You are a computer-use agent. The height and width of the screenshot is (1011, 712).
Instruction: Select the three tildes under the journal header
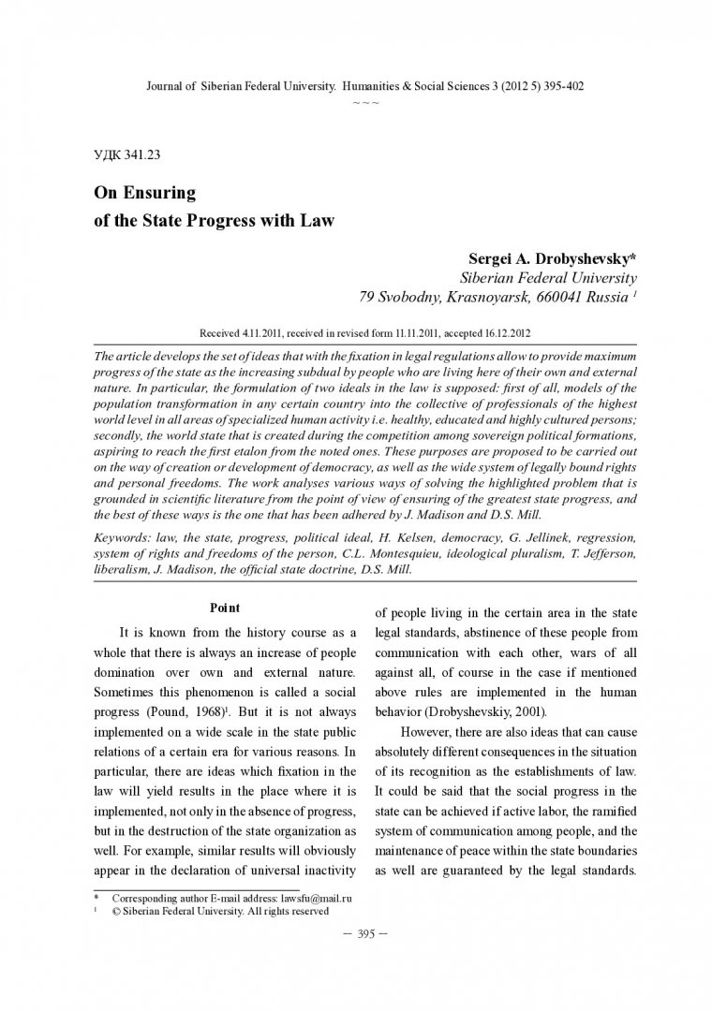(x=365, y=99)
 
